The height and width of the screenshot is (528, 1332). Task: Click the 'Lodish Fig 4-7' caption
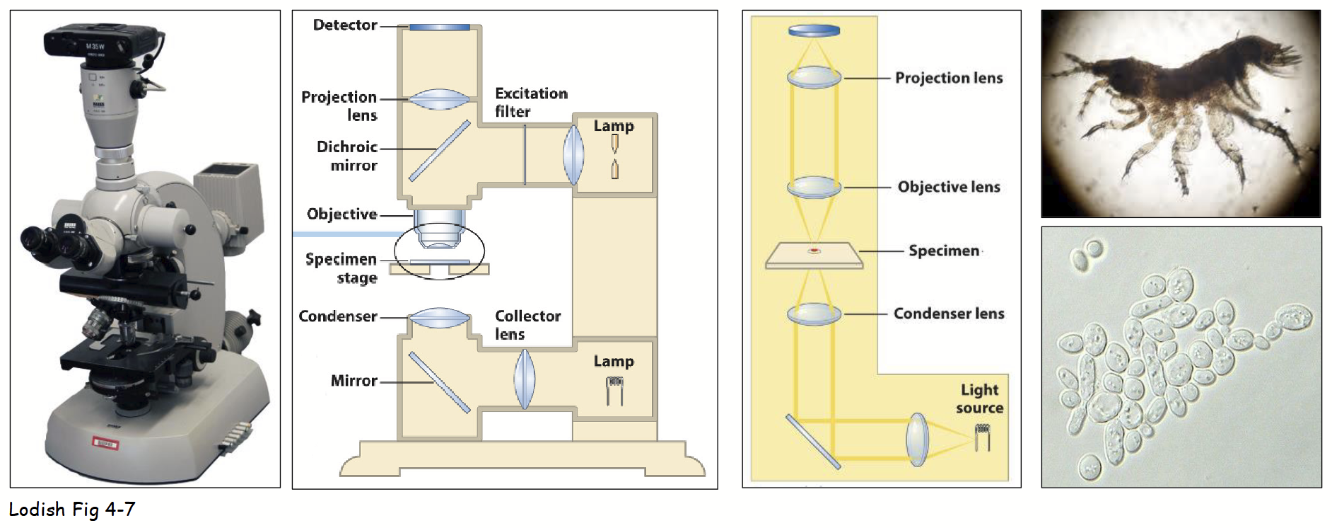(x=71, y=510)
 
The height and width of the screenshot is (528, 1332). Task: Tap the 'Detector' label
(x=345, y=25)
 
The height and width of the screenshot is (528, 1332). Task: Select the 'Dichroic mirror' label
(x=346, y=156)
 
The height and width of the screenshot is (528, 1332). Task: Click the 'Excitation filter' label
(x=530, y=103)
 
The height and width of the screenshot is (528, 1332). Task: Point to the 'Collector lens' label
(x=527, y=325)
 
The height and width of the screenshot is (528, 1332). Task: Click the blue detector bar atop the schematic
(x=439, y=28)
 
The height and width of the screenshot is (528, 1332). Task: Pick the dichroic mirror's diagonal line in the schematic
(x=440, y=150)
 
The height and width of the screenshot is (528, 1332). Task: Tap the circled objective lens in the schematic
(x=439, y=233)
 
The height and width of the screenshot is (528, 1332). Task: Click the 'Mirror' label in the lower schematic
(x=354, y=381)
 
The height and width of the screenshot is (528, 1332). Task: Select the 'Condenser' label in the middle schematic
(x=337, y=316)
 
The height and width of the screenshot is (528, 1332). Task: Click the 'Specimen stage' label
(x=341, y=268)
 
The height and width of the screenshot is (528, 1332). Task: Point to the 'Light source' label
(x=979, y=398)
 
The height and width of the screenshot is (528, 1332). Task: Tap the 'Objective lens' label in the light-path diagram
(x=949, y=187)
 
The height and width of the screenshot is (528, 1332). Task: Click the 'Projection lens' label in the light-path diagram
(x=949, y=78)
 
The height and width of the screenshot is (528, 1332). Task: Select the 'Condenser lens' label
(x=949, y=314)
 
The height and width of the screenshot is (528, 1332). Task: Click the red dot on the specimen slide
(x=814, y=251)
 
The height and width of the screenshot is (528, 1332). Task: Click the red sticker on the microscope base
(x=107, y=443)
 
